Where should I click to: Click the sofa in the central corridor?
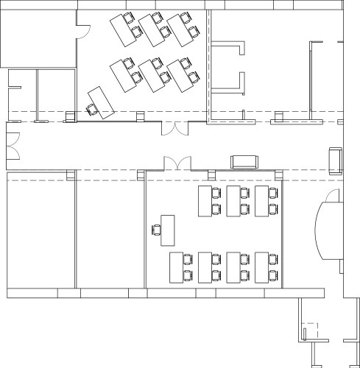coord(244,162)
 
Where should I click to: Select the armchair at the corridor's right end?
coord(336,160)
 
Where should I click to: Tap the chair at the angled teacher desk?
coord(91,109)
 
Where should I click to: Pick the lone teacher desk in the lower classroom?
coord(168,229)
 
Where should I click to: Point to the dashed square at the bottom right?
coord(312,330)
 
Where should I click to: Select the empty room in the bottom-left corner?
coord(40,232)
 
